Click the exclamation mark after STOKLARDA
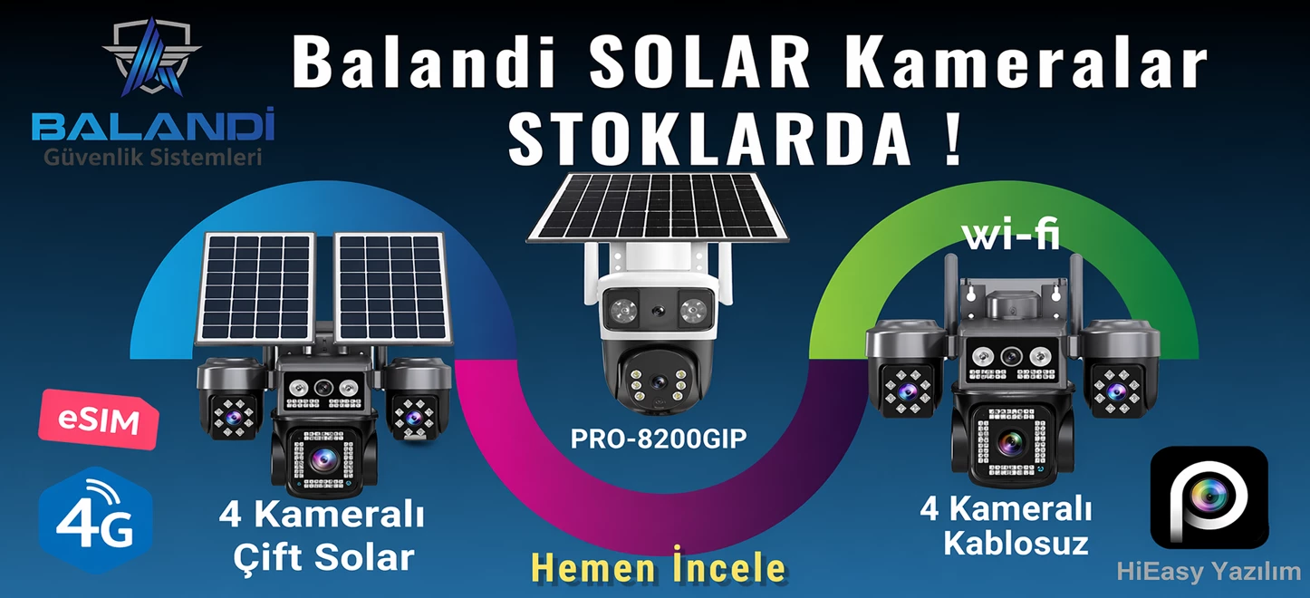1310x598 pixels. (x=950, y=138)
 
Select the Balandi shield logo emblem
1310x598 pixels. (x=152, y=58)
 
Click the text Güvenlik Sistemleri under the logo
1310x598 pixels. (x=153, y=158)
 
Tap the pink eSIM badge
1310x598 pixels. (x=98, y=420)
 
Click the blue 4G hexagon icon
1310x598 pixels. (x=94, y=520)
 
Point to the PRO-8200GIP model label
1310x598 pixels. (x=659, y=439)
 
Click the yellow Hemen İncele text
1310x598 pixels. (x=659, y=568)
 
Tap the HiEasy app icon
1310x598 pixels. (x=1209, y=496)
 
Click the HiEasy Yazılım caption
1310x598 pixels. (x=1209, y=572)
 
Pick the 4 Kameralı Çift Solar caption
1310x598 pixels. (x=323, y=536)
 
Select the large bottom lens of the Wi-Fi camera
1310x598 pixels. (x=1011, y=443)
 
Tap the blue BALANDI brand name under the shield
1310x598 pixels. (x=153, y=126)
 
